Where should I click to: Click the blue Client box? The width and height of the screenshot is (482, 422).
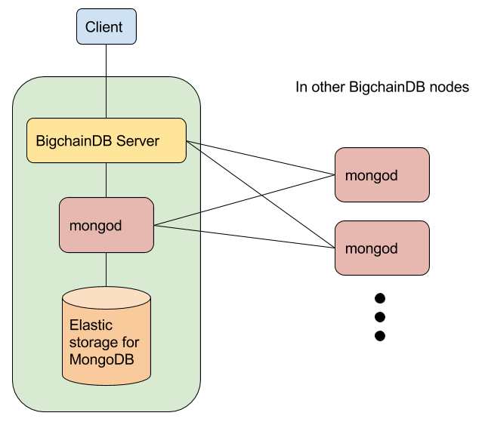pyautogui.click(x=104, y=28)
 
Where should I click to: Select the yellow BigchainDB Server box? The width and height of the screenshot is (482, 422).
pyautogui.click(x=106, y=140)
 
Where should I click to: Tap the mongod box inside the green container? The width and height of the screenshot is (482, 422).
pyautogui.click(x=106, y=225)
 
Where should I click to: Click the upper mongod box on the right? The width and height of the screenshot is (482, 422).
pyautogui.click(x=382, y=175)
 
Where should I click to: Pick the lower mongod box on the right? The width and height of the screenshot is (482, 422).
pyautogui.click(x=382, y=248)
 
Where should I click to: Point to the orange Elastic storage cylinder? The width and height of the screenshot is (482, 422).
pyautogui.click(x=106, y=336)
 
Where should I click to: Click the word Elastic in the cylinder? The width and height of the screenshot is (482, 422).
pyautogui.click(x=91, y=325)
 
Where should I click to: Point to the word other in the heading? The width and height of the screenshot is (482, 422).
pyautogui.click(x=327, y=87)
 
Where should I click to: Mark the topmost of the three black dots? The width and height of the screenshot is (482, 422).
pyautogui.click(x=380, y=297)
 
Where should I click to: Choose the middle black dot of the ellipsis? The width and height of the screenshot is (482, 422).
pyautogui.click(x=380, y=316)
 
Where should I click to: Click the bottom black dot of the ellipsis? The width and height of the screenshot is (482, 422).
pyautogui.click(x=380, y=335)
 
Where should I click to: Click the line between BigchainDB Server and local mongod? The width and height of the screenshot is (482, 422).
pyautogui.click(x=106, y=180)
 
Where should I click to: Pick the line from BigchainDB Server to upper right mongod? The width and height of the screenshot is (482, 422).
pyautogui.click(x=261, y=158)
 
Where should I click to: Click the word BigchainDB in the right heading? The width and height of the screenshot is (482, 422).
pyautogui.click(x=385, y=87)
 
